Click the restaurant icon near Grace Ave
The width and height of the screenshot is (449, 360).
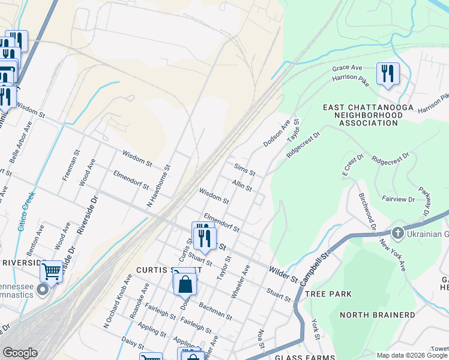(x=387, y=74)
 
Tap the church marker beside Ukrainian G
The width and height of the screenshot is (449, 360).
(x=397, y=233)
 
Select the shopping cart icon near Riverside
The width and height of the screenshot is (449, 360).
(x=52, y=272)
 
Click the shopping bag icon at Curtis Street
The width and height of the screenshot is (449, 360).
(x=185, y=284)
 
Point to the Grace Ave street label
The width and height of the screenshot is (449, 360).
(x=347, y=68)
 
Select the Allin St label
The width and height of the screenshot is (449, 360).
(x=242, y=185)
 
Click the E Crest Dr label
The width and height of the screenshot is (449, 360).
(x=353, y=165)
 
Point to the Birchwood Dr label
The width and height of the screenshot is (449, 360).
(x=366, y=212)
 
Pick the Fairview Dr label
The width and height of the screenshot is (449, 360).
(x=399, y=198)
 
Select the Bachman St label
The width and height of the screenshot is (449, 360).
(x=215, y=310)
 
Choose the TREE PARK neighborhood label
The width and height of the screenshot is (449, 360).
(x=328, y=294)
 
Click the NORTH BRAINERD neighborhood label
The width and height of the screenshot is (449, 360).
(x=369, y=314)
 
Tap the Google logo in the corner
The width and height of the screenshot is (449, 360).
(x=19, y=353)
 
